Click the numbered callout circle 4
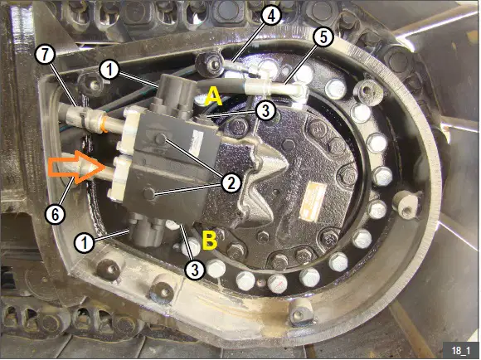pos(270,15)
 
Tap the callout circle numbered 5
pos(323,36)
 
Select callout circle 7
pos(45,56)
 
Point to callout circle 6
pos(56,214)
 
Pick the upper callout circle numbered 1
pos(109,71)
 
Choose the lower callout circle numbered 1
pos(85,243)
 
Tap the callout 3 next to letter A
pos(265,111)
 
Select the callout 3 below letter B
pos(195,270)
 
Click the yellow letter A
pos(213,96)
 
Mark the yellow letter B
pos(210,240)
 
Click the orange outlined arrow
pos(76,168)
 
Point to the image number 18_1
pos(460,351)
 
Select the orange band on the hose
pos(105,123)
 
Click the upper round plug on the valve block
pos(160,139)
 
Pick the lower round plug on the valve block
pos(149,193)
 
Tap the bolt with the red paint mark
pos(277,284)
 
